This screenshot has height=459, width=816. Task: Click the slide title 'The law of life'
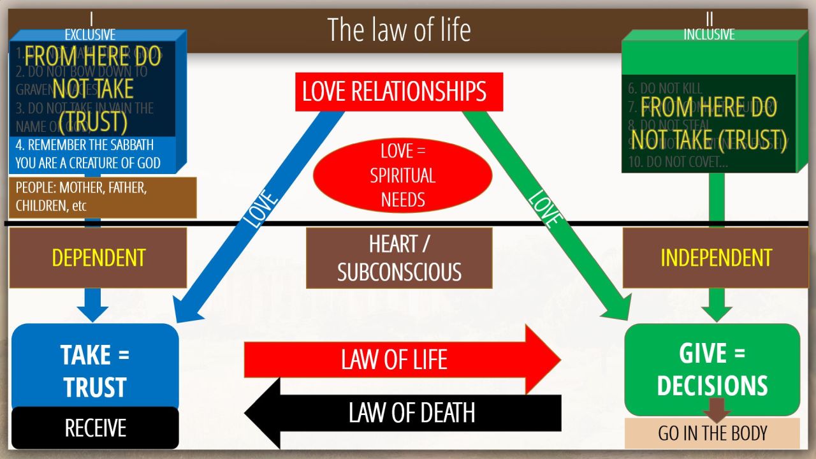(399, 30)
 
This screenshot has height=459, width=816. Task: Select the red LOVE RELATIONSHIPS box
(395, 92)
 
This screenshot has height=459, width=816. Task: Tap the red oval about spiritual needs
(403, 175)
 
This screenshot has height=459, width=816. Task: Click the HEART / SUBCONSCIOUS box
(399, 258)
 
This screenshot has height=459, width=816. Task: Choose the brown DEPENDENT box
(98, 258)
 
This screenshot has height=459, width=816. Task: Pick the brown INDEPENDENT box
(716, 258)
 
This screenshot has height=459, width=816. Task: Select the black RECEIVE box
(95, 428)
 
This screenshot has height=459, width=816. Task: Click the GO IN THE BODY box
(712, 434)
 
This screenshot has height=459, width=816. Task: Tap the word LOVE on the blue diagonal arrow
(261, 208)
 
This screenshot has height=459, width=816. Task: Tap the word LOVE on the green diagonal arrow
(546, 208)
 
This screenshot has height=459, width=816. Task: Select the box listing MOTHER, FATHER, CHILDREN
(102, 198)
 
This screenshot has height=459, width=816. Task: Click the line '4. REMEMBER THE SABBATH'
(85, 145)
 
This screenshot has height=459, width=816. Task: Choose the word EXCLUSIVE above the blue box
(90, 34)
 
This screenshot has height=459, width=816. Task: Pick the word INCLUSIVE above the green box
(709, 34)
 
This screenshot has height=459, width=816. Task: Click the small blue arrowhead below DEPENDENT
(92, 311)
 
